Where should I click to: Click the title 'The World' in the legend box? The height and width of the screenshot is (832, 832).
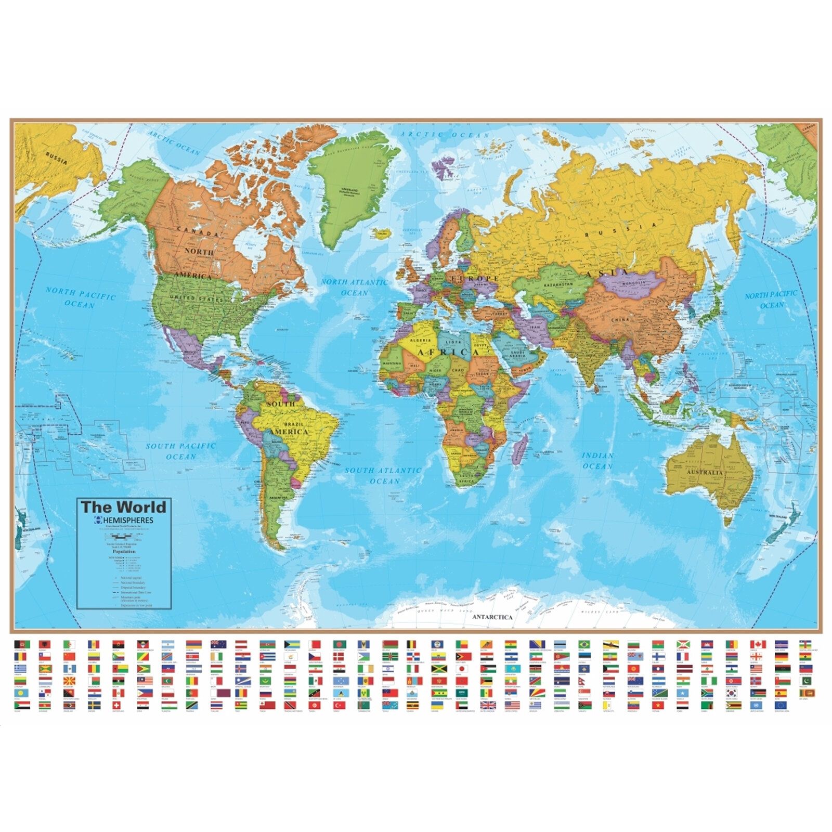(x=123, y=507)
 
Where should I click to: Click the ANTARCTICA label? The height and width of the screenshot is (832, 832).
(x=492, y=617)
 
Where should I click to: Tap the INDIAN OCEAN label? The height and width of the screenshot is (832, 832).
(x=597, y=461)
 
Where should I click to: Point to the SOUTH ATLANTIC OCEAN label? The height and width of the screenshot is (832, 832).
(x=383, y=475)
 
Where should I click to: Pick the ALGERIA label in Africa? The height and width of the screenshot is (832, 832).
(x=422, y=340)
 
